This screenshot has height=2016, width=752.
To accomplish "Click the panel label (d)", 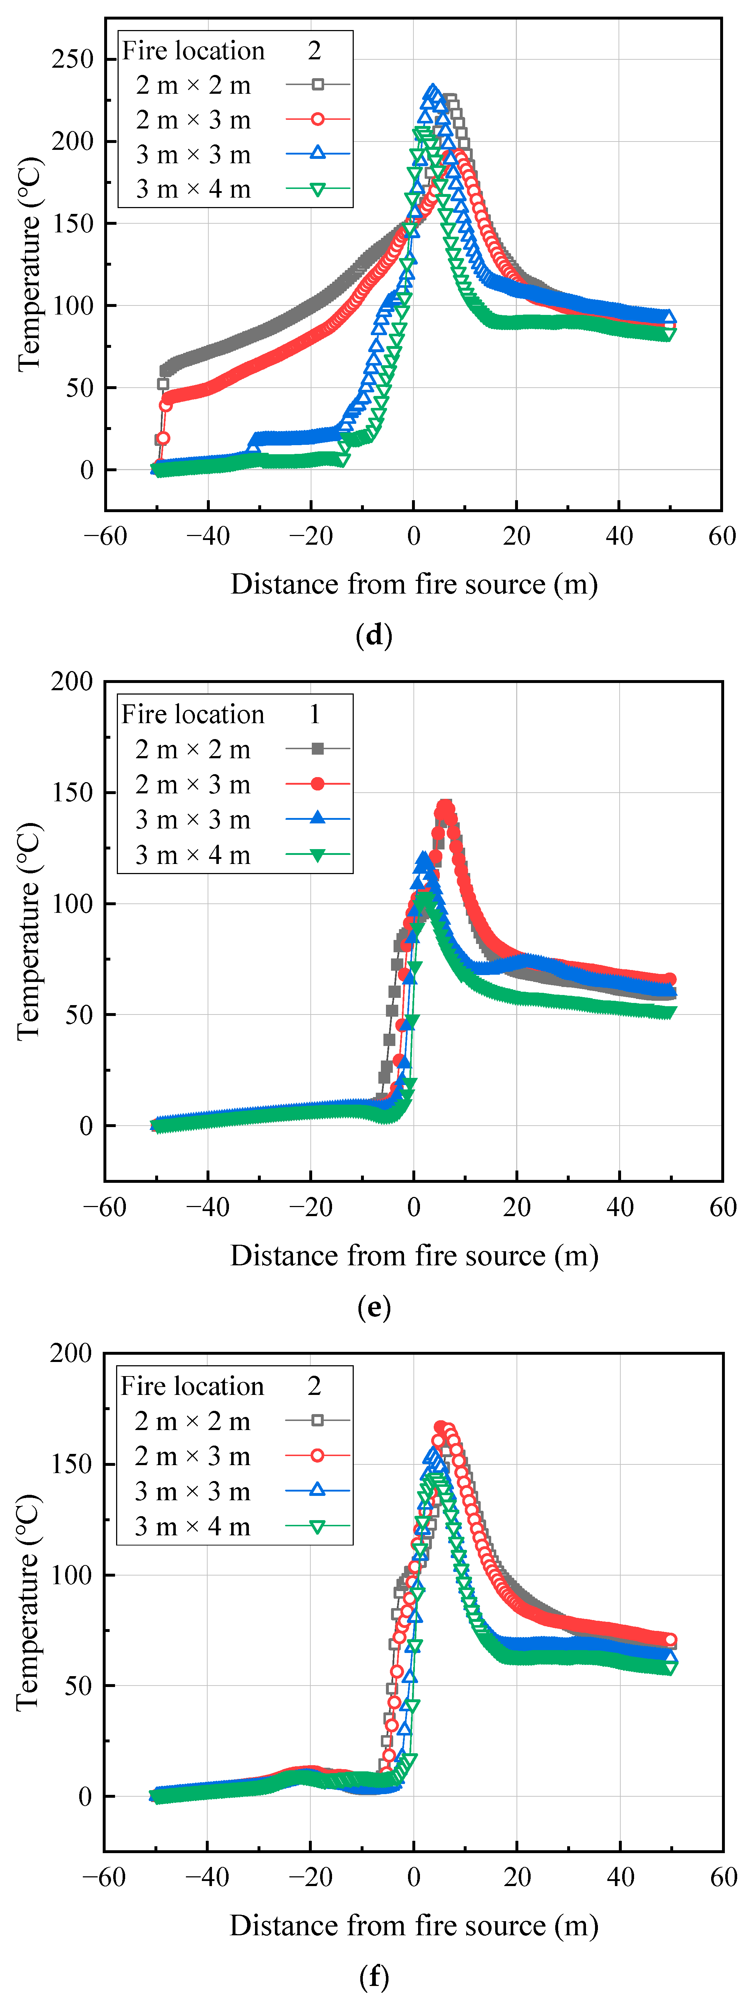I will pyautogui.click(x=374, y=635).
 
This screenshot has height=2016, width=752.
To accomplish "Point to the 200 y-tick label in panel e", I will pyautogui.click(x=72, y=682).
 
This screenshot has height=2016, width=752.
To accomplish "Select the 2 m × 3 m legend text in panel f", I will pyautogui.click(x=192, y=1456).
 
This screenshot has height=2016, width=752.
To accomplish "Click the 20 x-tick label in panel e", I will pyautogui.click(x=517, y=1207).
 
